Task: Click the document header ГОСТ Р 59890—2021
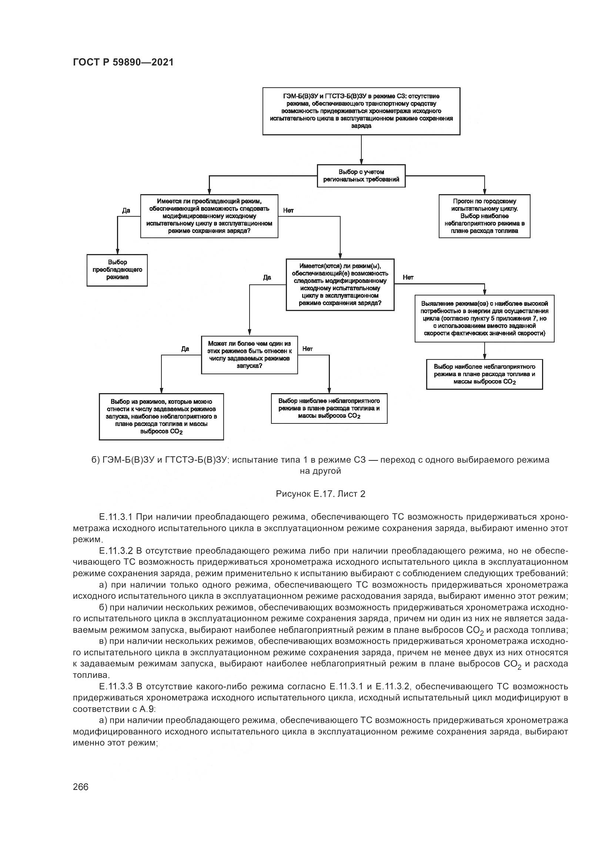tap(123, 62)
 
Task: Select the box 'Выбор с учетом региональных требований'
tap(361, 176)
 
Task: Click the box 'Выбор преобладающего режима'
tap(117, 270)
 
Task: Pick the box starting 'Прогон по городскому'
tap(484, 216)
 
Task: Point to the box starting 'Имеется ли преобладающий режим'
tap(209, 216)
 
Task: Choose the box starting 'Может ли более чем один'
tap(249, 355)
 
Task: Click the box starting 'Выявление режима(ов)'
tap(484, 318)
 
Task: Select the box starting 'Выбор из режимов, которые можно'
tap(161, 416)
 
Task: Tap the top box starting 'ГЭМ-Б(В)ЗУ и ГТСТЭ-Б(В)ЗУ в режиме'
tap(361, 111)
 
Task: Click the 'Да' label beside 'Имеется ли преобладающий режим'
tap(126, 210)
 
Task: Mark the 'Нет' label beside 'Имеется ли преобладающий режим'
tap(288, 210)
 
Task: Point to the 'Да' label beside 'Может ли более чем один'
tap(185, 349)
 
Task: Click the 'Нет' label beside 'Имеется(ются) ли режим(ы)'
tap(408, 277)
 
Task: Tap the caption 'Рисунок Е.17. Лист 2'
tap(321, 494)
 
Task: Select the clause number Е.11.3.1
tap(116, 517)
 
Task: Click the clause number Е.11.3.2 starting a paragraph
tap(116, 551)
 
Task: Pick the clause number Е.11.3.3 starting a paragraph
tap(116, 686)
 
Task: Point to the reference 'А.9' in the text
tap(147, 709)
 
